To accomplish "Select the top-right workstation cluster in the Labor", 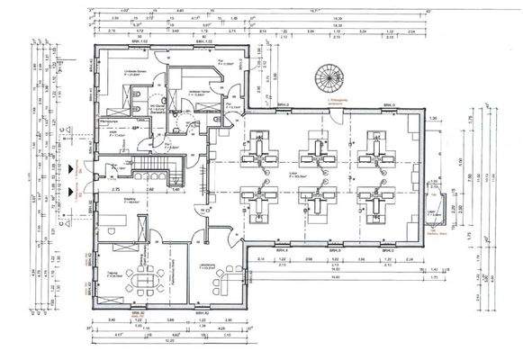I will tap(374, 147).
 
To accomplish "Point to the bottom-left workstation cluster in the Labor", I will tap(263, 201).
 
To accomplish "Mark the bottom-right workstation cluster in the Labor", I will tap(374, 201).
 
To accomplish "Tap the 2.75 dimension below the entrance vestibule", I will tap(116, 191).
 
